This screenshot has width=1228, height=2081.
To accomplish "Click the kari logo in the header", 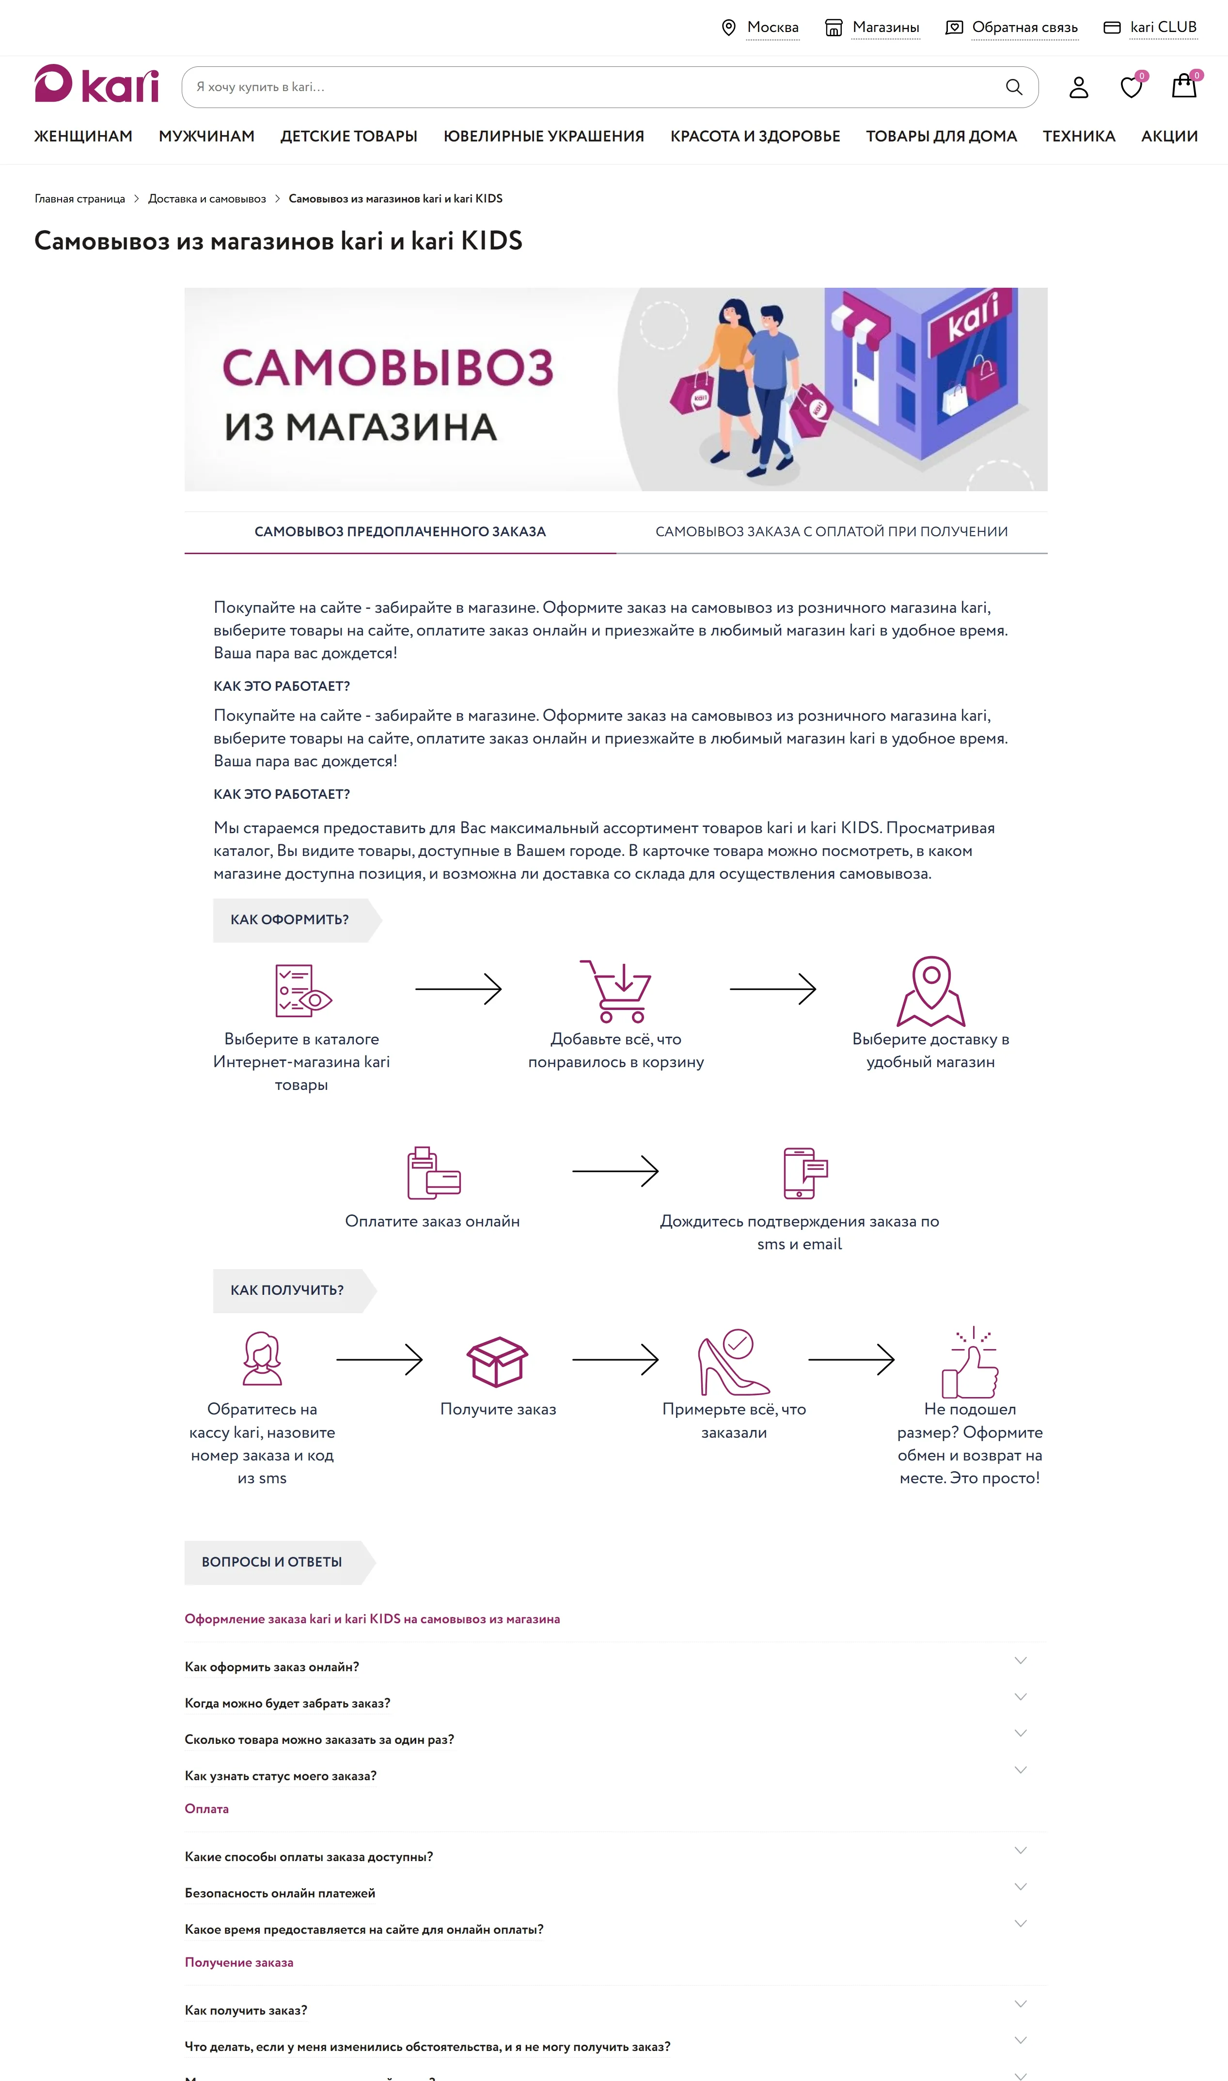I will (x=96, y=84).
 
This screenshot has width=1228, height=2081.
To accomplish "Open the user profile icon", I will (x=1078, y=87).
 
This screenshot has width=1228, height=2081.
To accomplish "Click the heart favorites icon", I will (x=1131, y=87).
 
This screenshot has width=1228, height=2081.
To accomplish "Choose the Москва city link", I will (x=772, y=27).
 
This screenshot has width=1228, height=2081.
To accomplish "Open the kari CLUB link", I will (x=1163, y=27).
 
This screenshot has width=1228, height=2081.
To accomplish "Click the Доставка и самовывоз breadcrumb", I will (x=207, y=199).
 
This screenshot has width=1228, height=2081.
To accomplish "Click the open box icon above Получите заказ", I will (x=497, y=1361).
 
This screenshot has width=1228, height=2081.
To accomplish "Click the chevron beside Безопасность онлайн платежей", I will (x=1020, y=1887).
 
